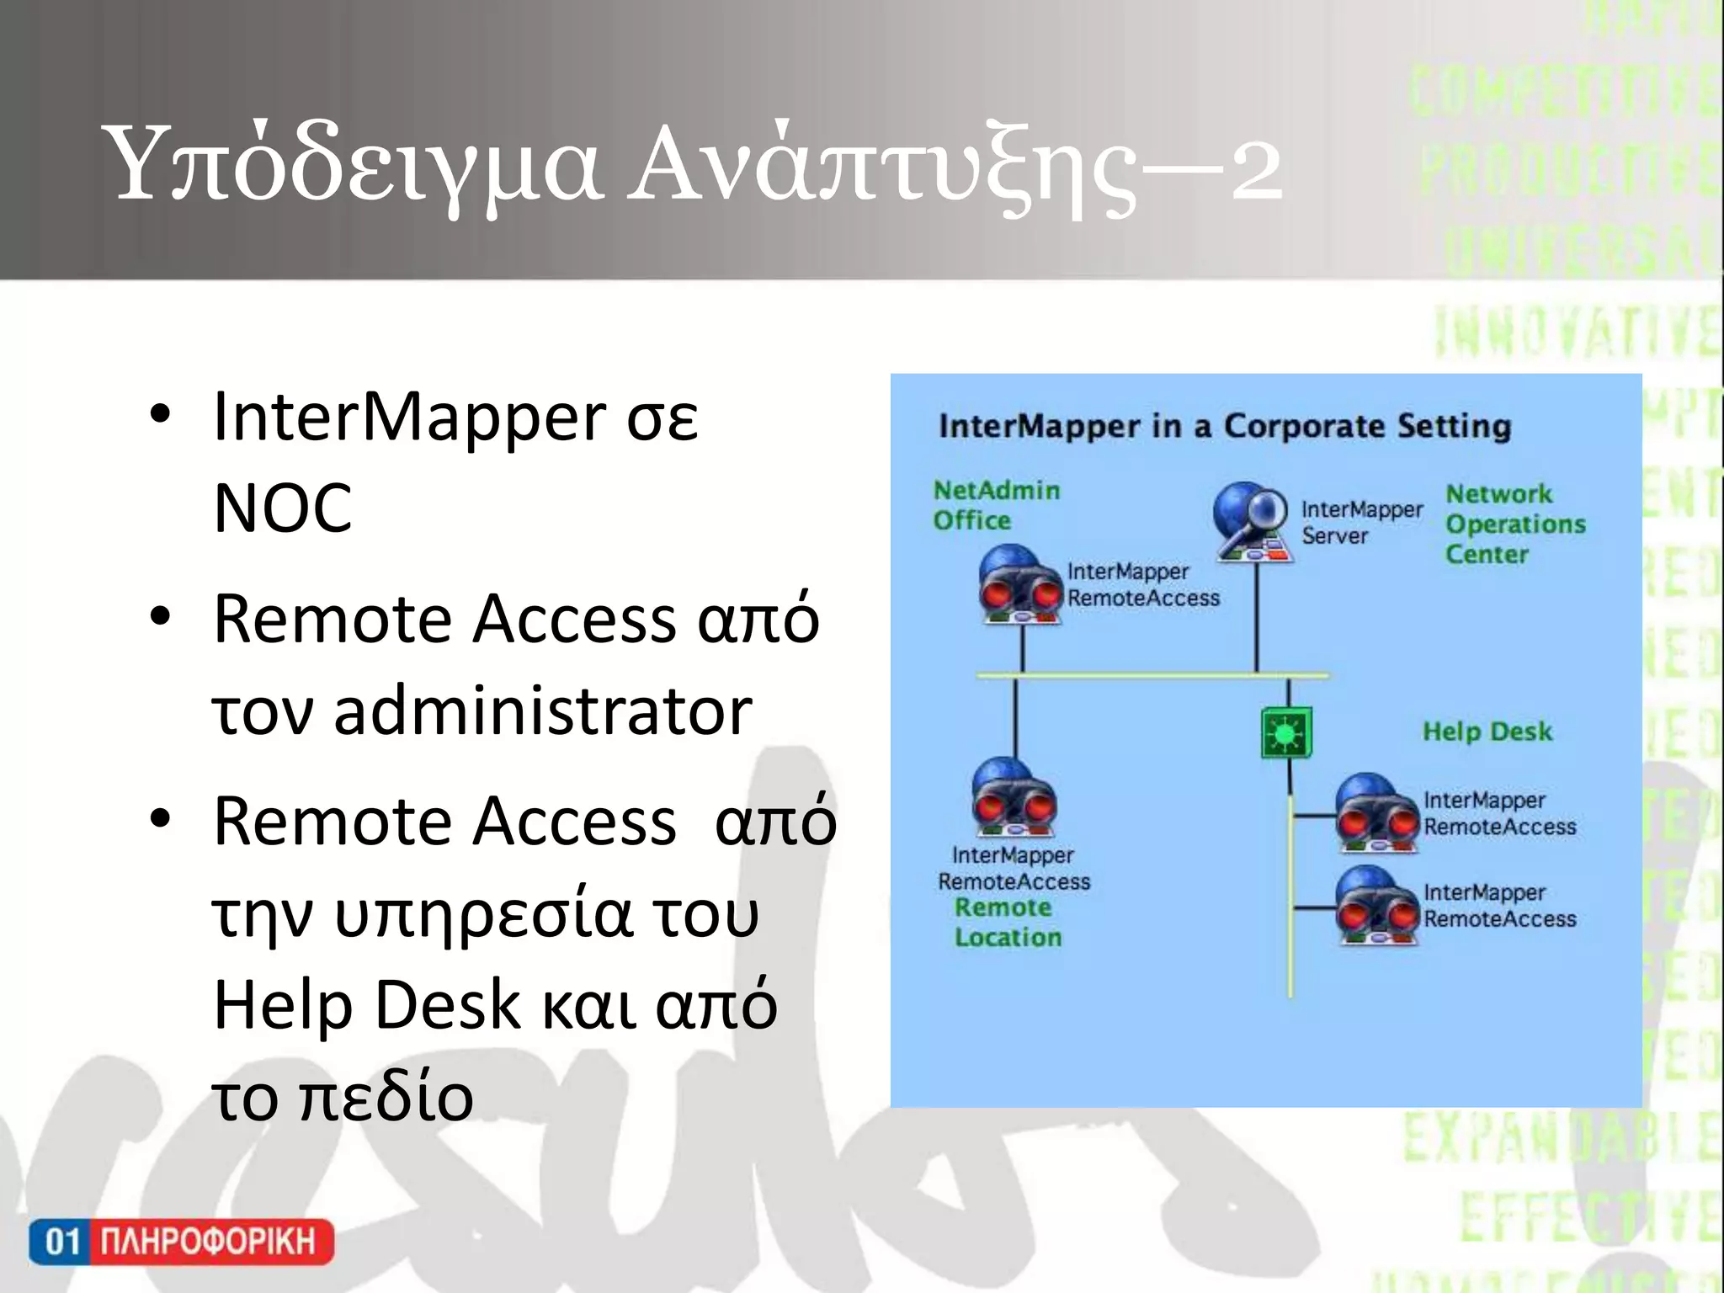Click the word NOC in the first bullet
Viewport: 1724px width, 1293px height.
pos(283,508)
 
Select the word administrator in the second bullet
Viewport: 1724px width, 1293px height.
pos(542,712)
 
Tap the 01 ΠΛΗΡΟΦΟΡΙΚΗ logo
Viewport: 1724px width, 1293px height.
pos(181,1242)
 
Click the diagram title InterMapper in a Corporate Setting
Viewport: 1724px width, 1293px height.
pos(1224,426)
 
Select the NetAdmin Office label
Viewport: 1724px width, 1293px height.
pos(996,505)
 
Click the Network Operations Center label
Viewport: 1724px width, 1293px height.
pos(1514,524)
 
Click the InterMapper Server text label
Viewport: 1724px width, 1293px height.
pos(1360,522)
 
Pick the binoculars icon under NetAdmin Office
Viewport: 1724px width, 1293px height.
pos(1020,584)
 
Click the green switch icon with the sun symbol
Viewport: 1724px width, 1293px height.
pos(1286,732)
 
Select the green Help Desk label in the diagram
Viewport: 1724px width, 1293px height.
pos(1487,731)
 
